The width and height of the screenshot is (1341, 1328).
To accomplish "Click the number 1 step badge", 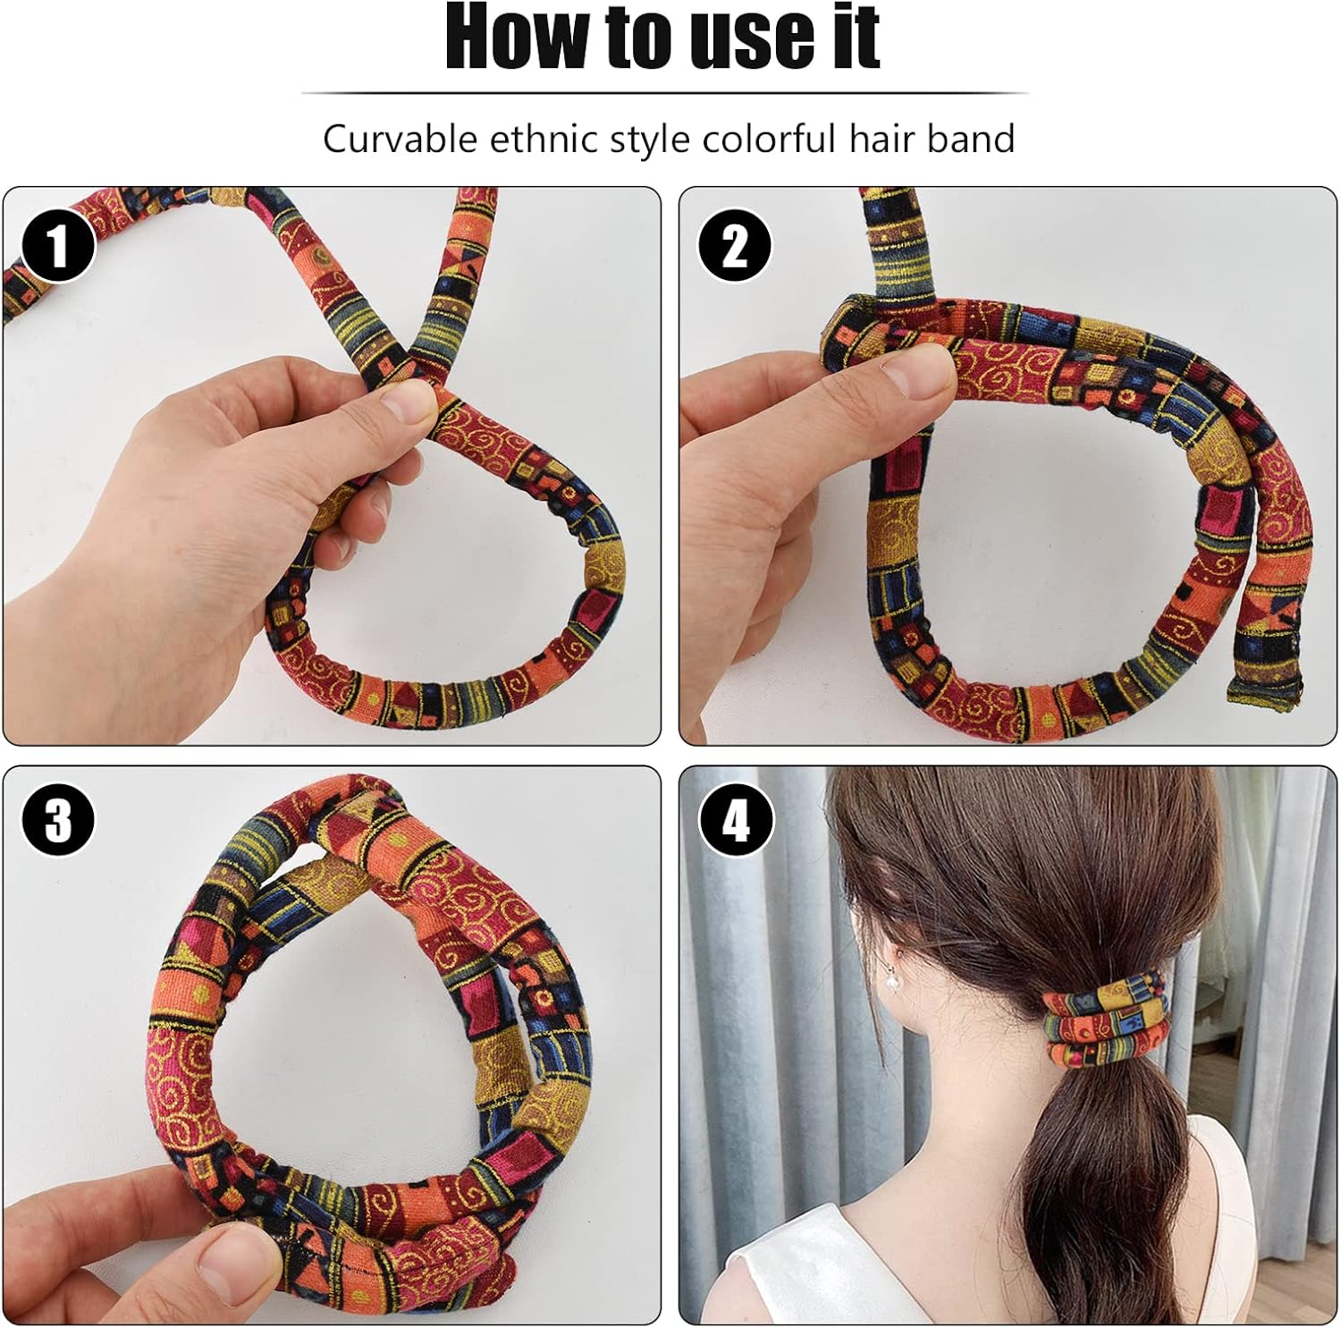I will [x=58, y=245].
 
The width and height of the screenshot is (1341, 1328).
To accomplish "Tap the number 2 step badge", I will [x=735, y=245].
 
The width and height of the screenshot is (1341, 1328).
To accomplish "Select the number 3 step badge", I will [x=58, y=819].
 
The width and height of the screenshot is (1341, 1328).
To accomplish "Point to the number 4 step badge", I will [x=735, y=819].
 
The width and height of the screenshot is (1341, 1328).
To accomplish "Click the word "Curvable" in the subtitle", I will [x=400, y=140].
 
